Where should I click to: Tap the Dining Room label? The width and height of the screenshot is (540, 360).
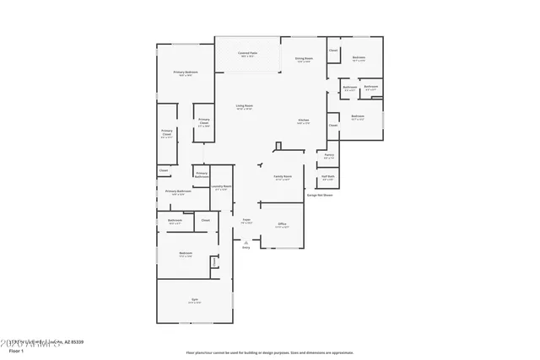point(304,58)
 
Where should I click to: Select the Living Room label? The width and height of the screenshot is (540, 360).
point(245,106)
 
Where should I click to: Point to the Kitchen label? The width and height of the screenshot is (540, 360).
point(303,121)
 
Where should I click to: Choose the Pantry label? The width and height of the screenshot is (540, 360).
point(329,156)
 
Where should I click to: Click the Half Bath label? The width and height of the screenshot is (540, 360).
point(328,177)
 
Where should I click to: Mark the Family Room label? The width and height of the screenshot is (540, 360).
point(282,178)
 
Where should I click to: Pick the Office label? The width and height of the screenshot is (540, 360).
point(282,225)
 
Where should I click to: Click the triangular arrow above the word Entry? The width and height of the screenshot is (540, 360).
point(246,241)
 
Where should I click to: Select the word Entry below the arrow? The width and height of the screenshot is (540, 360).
point(246,248)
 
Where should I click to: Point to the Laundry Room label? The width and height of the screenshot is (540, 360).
point(221,187)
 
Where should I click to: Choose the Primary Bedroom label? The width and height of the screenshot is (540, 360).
point(186,73)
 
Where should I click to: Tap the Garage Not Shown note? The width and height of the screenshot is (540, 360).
point(319,195)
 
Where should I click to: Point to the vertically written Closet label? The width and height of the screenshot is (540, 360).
point(214,263)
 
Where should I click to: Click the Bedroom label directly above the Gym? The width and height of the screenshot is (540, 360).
point(186,254)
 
